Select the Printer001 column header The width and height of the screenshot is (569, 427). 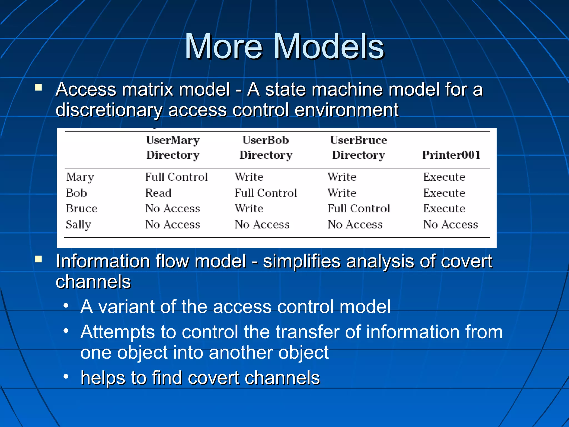pos(451,155)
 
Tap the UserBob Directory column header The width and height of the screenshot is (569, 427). pos(266,147)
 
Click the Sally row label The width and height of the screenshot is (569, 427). pos(78,225)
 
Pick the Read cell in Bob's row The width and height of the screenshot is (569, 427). pos(158,193)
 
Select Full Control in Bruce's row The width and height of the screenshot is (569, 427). pos(359,208)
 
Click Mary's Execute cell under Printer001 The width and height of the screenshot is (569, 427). pos(444,177)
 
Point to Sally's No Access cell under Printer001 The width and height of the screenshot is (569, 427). pos(450,225)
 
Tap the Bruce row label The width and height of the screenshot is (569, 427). pos(81,208)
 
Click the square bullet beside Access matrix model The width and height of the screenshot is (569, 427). pos(38,88)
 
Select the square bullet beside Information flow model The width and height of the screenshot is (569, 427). pos(38,259)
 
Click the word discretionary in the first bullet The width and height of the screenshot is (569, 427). pos(109,110)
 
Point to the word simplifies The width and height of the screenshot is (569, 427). pos(301,261)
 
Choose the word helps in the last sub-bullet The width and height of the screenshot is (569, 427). pos(103,378)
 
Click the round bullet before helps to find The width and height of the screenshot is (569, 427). pos(66,377)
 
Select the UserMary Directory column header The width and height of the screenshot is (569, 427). pos(173,147)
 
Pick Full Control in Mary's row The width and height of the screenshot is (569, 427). pos(176,177)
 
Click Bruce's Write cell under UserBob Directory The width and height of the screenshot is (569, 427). pos(249,208)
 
